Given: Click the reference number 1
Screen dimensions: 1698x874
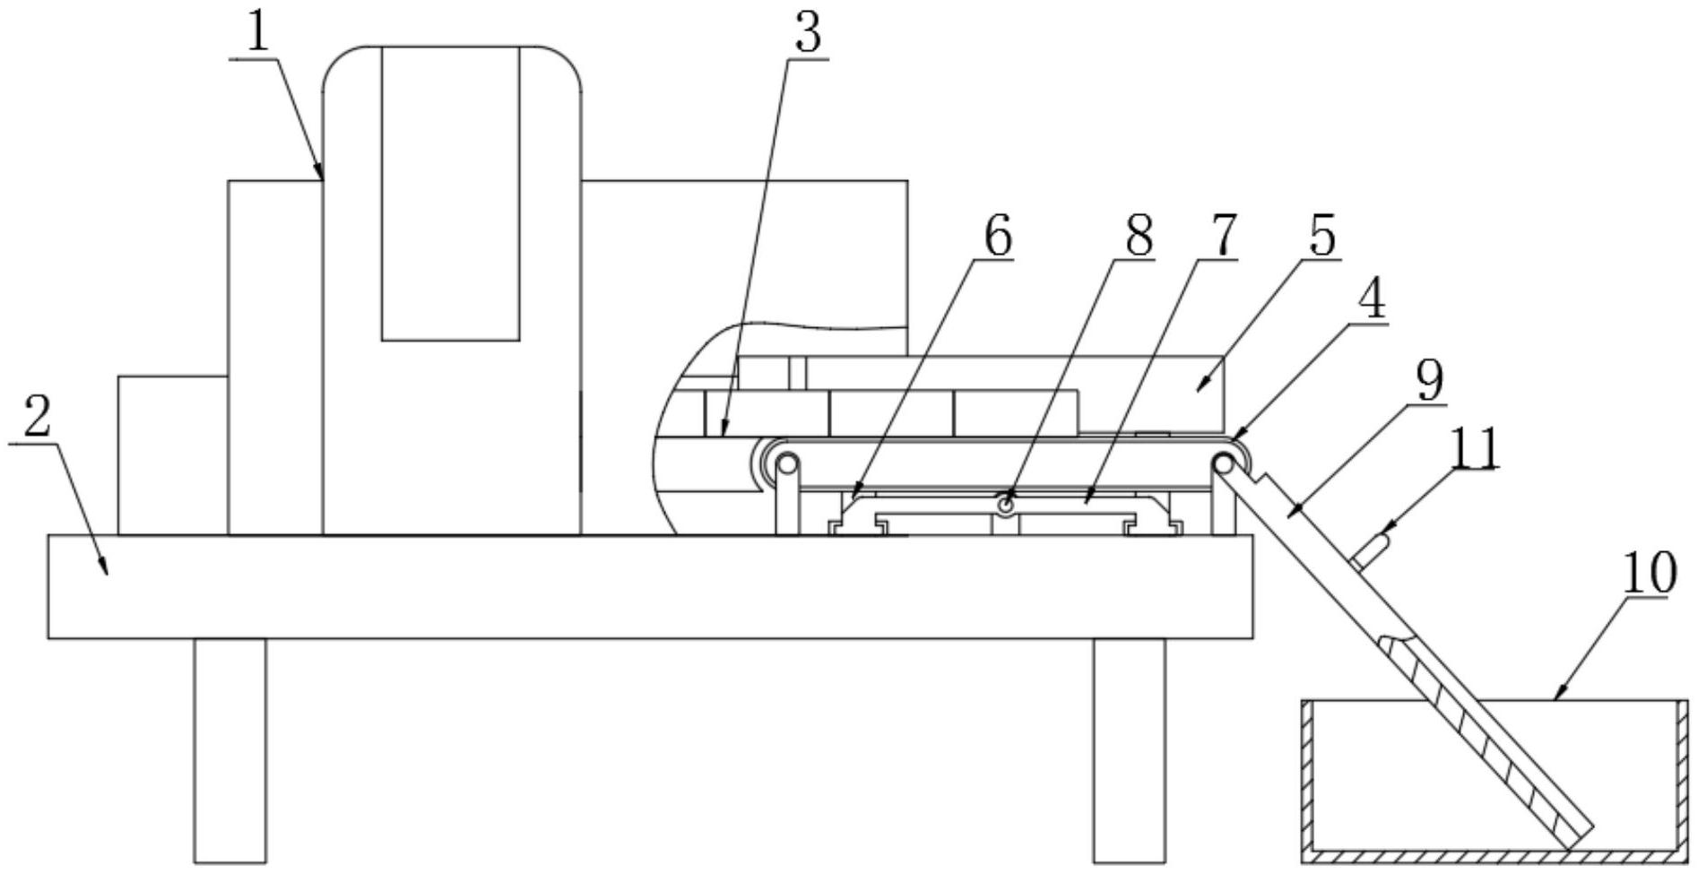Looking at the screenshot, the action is (258, 32).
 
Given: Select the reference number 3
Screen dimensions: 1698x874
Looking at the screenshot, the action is (807, 34).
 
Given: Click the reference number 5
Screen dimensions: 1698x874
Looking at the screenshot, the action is (1321, 235).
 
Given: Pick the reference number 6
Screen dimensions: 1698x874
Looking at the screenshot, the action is (997, 237).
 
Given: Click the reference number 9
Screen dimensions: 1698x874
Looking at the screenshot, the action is (1429, 380).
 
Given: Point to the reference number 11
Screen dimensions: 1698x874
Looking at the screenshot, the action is (1476, 448).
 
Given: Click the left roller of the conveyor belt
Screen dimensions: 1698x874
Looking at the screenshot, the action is (786, 464).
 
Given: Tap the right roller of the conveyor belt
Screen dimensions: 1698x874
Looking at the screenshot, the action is (1223, 464).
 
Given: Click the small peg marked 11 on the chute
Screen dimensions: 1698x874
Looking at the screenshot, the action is (1373, 548).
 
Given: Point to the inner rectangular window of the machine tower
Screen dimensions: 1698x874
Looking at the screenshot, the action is (450, 193).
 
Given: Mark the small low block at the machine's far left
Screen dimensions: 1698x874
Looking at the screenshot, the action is (172, 455).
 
